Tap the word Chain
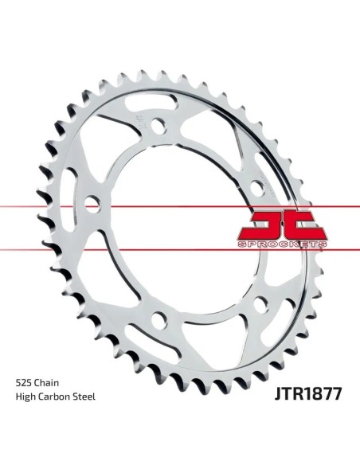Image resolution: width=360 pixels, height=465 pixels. pos(46,383)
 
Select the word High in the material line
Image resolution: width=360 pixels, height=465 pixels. pos(25,397)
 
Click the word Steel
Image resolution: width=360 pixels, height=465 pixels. pos(84,397)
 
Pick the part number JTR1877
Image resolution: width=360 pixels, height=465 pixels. pos(307,393)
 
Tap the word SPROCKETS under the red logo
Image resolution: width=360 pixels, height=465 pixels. pos(282,244)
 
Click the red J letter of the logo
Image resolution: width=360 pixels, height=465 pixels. pos(265,225)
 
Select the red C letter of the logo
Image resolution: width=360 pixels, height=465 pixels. pos(304,225)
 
